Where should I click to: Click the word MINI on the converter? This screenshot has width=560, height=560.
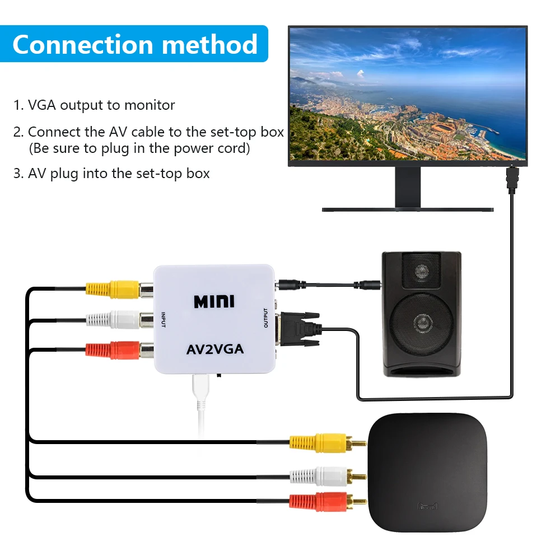(214, 301)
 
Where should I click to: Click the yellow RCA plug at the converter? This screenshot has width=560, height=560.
(112, 289)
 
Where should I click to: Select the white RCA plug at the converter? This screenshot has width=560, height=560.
(112, 320)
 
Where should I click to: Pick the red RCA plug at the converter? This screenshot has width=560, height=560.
(112, 350)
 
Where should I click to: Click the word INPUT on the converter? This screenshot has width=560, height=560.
(164, 320)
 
